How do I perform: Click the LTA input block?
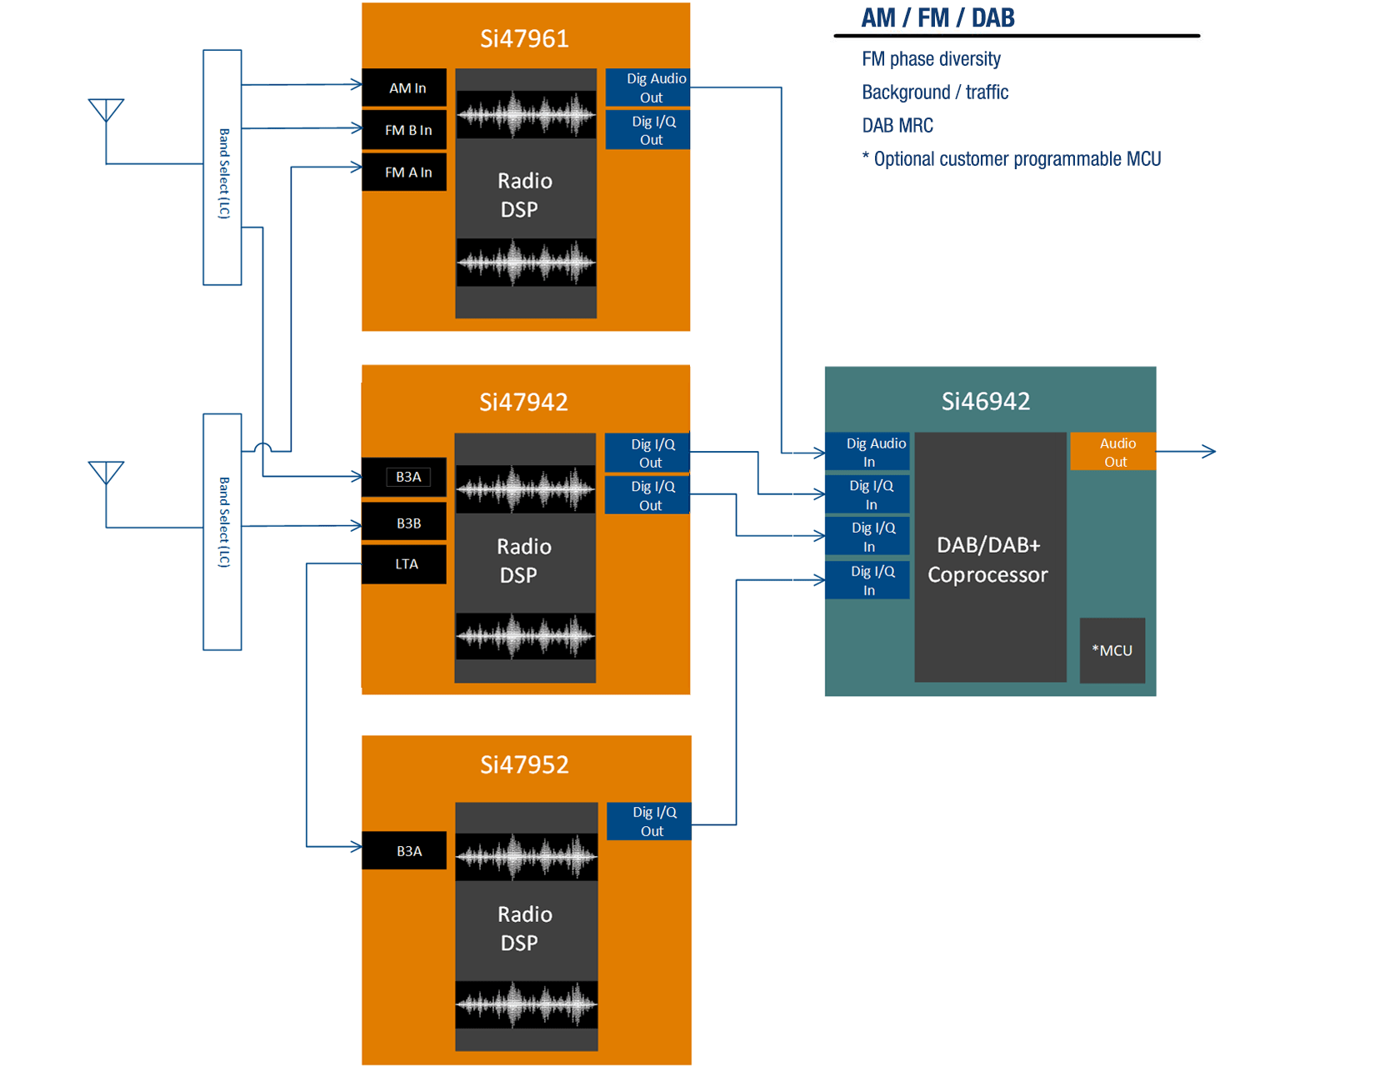click(404, 564)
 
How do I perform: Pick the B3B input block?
click(404, 523)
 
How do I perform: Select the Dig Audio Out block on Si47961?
click(648, 88)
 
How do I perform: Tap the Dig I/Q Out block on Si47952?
click(649, 821)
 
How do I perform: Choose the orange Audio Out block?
click(1113, 452)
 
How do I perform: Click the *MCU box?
click(1112, 650)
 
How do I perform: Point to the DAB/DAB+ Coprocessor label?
click(988, 559)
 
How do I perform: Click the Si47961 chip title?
click(524, 38)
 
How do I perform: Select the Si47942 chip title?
click(523, 402)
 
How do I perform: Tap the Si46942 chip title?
click(986, 401)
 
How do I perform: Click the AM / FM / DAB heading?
click(938, 18)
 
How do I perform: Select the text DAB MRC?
click(897, 126)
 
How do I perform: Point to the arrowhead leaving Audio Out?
click(1210, 452)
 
